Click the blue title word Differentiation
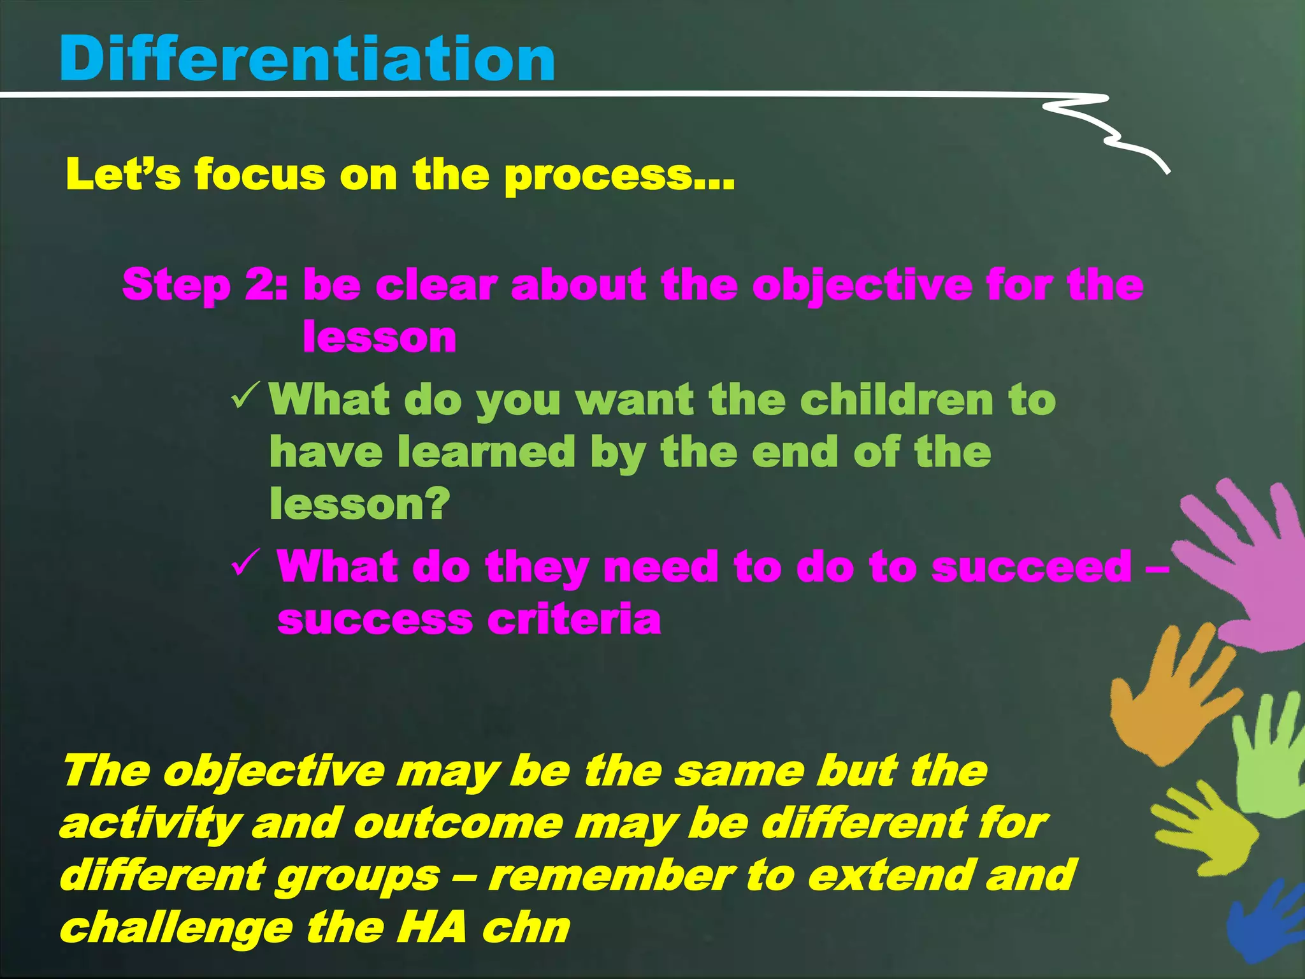coord(307,59)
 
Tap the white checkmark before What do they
coord(245,562)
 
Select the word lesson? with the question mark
coord(360,505)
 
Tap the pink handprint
coord(1243,567)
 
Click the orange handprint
coord(1172,695)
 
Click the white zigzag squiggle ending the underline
coord(1109,127)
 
